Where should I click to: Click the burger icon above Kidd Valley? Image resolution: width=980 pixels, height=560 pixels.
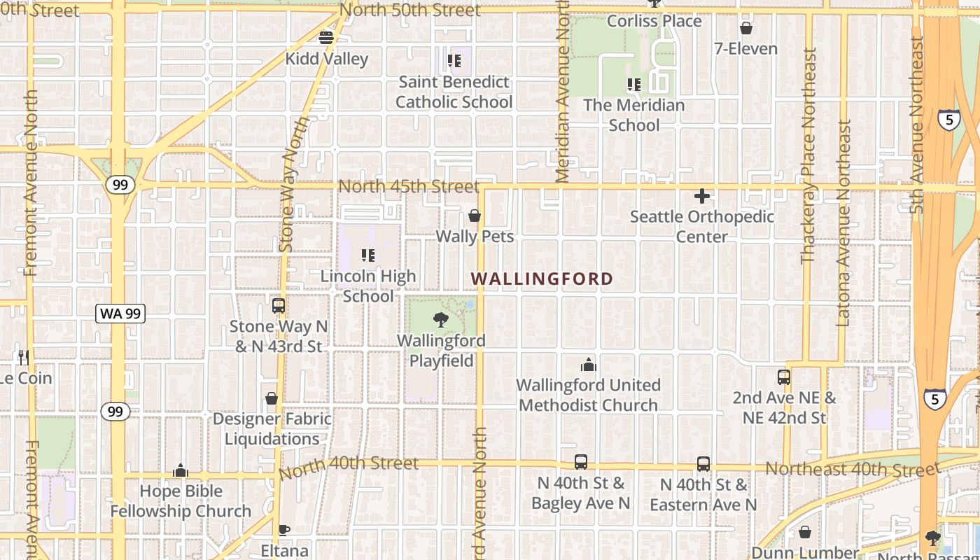(326, 38)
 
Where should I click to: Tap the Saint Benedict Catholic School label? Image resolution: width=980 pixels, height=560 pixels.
(454, 92)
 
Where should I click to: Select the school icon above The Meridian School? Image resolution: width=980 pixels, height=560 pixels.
(634, 85)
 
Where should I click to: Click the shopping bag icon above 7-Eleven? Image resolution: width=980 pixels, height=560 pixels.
(746, 29)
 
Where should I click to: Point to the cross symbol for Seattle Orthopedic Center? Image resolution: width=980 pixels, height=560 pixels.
(702, 197)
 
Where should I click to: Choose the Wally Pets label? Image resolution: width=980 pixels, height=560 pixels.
(475, 237)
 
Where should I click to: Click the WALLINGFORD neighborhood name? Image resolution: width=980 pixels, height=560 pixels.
(542, 279)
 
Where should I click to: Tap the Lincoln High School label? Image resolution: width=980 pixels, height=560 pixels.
(368, 286)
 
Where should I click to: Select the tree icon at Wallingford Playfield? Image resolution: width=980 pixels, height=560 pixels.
(441, 321)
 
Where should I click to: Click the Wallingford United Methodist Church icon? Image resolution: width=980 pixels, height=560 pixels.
(588, 365)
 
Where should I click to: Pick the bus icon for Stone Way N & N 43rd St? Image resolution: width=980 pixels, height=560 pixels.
(278, 306)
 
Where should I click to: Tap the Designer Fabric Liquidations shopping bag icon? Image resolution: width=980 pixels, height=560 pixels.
(272, 398)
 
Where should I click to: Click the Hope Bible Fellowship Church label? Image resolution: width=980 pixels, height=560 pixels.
(181, 501)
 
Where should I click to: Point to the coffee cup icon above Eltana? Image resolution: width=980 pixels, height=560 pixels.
(283, 530)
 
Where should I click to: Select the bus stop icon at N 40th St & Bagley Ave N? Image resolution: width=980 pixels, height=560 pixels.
(581, 462)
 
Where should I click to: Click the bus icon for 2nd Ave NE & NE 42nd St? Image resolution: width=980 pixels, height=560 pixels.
(784, 377)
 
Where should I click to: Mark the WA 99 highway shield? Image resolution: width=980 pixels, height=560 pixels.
(120, 314)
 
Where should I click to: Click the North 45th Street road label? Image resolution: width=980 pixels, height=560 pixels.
(409, 187)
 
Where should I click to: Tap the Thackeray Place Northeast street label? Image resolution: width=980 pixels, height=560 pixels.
(809, 155)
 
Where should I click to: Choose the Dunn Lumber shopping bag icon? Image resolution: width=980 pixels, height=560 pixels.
(805, 533)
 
